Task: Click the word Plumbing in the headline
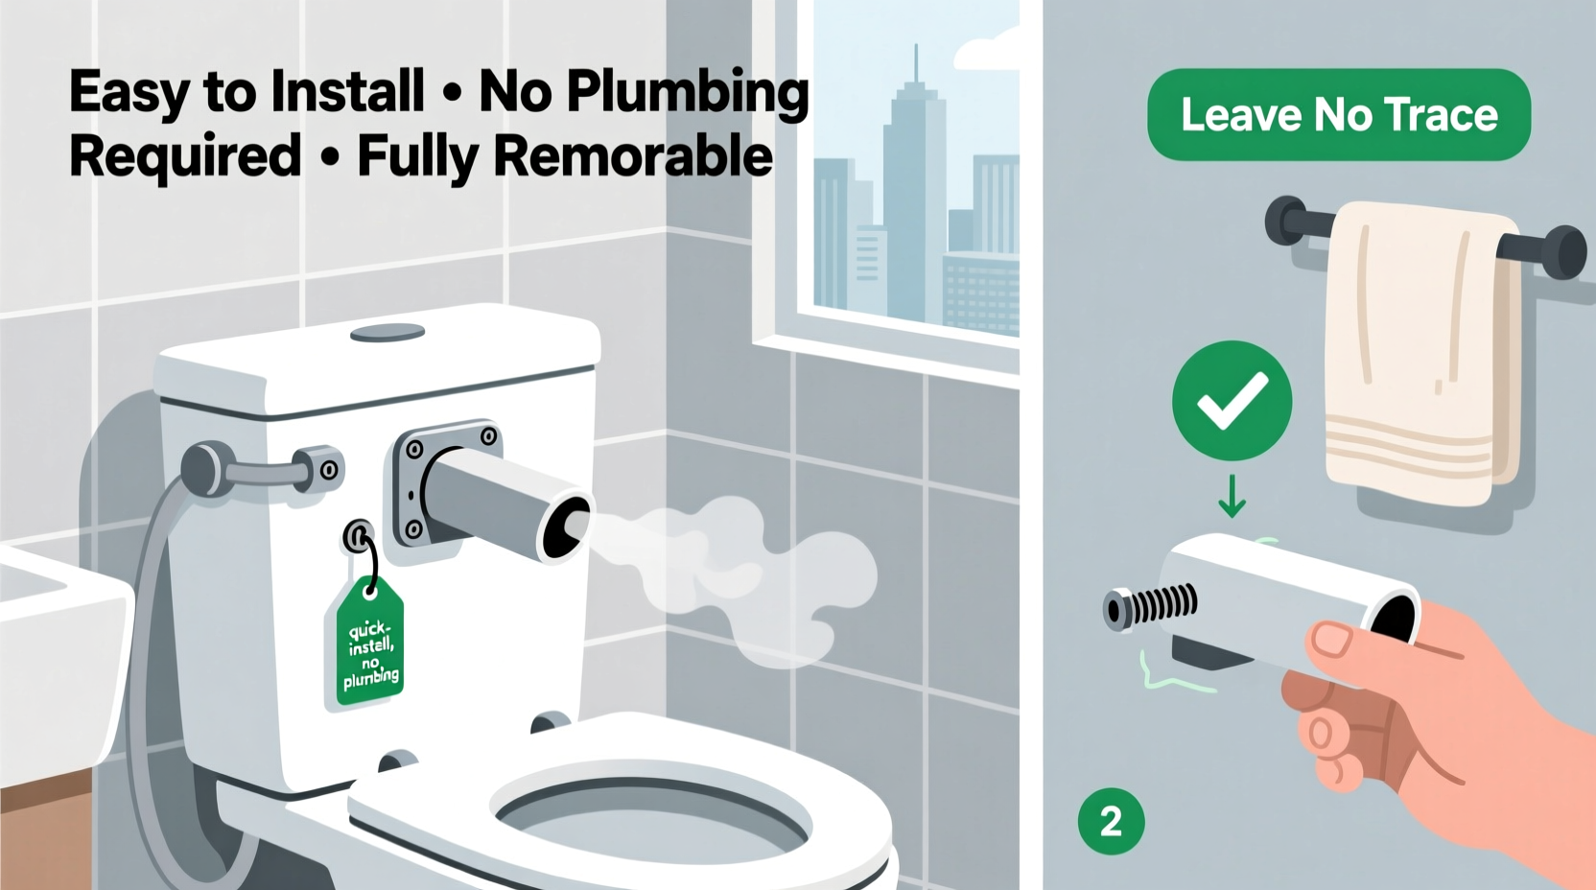click(687, 94)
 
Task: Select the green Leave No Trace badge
click(1338, 115)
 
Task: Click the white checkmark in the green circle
click(1232, 401)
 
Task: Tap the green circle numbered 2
click(1111, 821)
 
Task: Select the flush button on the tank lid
click(387, 333)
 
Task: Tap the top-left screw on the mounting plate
click(414, 449)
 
